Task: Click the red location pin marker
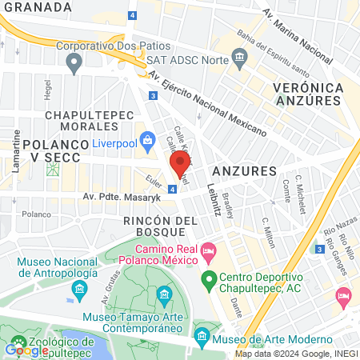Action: (x=178, y=166)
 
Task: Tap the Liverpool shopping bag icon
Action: (x=147, y=141)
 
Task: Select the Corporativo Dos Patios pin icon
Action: (x=75, y=64)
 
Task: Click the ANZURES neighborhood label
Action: (x=244, y=171)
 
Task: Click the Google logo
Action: (x=26, y=350)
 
